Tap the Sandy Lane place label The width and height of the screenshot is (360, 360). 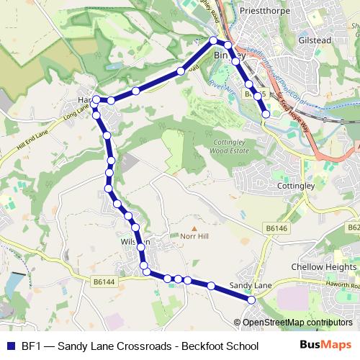click(250, 286)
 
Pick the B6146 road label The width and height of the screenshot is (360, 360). click(276, 228)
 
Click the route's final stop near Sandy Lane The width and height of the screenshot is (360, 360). click(251, 299)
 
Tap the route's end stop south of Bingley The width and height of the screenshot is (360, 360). click(266, 114)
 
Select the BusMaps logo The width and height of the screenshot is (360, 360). click(325, 345)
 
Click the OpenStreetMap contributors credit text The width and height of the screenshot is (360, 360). click(297, 323)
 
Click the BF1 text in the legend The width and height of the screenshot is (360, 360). click(32, 346)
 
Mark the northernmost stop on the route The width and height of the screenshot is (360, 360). click(213, 40)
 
